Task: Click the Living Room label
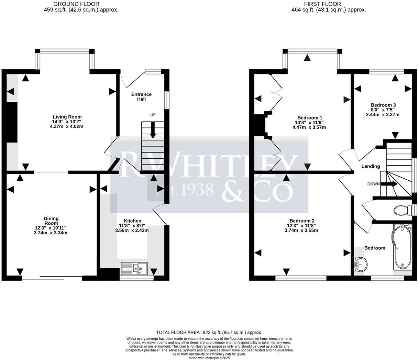click(x=67, y=117)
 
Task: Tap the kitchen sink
click(x=134, y=268)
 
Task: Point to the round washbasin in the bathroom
click(x=361, y=264)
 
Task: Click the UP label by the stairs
click(x=153, y=115)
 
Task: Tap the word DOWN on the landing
click(x=373, y=184)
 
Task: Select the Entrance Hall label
click(x=141, y=97)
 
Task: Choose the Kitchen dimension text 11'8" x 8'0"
click(x=132, y=226)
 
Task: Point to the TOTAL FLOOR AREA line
click(x=209, y=332)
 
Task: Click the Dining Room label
click(x=51, y=221)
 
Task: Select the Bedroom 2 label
click(x=302, y=221)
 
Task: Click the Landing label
click(x=371, y=166)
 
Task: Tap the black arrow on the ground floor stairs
click(x=153, y=132)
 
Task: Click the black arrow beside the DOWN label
click(x=389, y=184)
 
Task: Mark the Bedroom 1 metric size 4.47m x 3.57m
click(x=309, y=127)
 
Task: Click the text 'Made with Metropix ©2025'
click(x=209, y=358)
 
